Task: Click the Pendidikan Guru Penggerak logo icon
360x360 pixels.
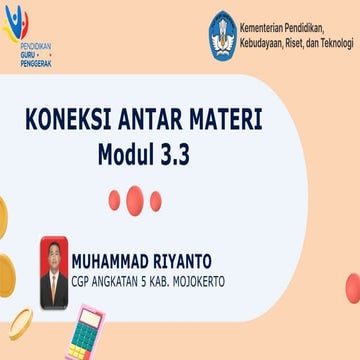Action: click(x=19, y=24)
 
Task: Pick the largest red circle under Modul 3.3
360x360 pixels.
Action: click(x=137, y=199)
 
